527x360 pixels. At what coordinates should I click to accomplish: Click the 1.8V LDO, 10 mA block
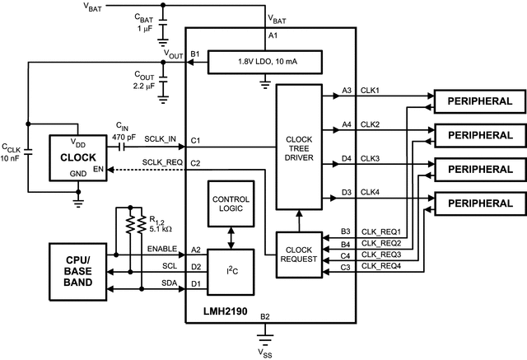(263, 61)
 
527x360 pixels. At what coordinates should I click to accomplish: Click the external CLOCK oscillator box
(78, 157)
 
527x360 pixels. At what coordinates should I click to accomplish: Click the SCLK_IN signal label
(160, 139)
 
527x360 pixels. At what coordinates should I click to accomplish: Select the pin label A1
(274, 36)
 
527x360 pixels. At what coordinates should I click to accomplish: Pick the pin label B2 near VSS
(264, 317)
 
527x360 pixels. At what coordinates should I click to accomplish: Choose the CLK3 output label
(371, 157)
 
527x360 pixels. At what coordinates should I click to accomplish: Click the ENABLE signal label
(161, 248)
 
